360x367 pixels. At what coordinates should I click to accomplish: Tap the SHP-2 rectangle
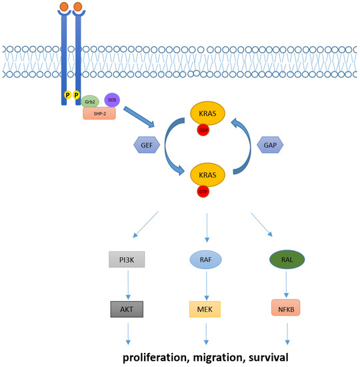99,113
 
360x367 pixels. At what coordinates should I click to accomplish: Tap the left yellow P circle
67,96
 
